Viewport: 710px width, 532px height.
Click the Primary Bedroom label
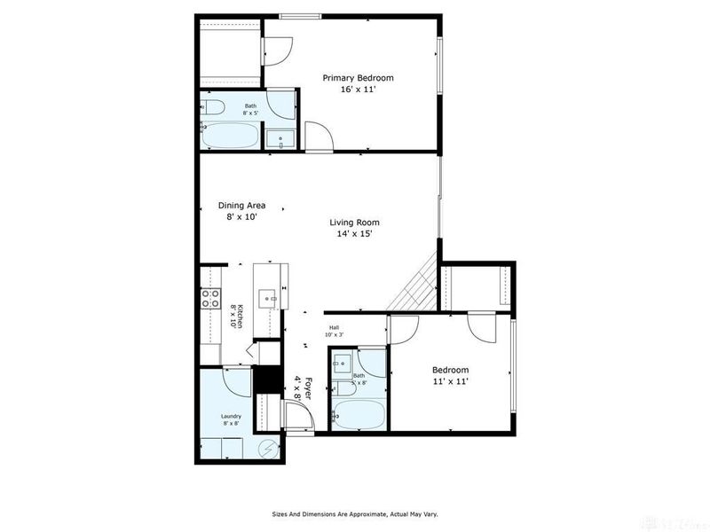click(x=358, y=78)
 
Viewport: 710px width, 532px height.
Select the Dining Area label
click(x=241, y=206)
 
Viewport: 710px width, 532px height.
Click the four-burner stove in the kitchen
click(x=211, y=299)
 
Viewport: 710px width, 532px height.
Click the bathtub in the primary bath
click(x=230, y=137)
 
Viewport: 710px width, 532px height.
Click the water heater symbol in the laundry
click(x=270, y=449)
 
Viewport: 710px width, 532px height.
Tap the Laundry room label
click(x=231, y=419)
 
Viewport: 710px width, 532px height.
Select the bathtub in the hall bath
click(x=359, y=414)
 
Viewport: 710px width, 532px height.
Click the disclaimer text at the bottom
click(x=354, y=513)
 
